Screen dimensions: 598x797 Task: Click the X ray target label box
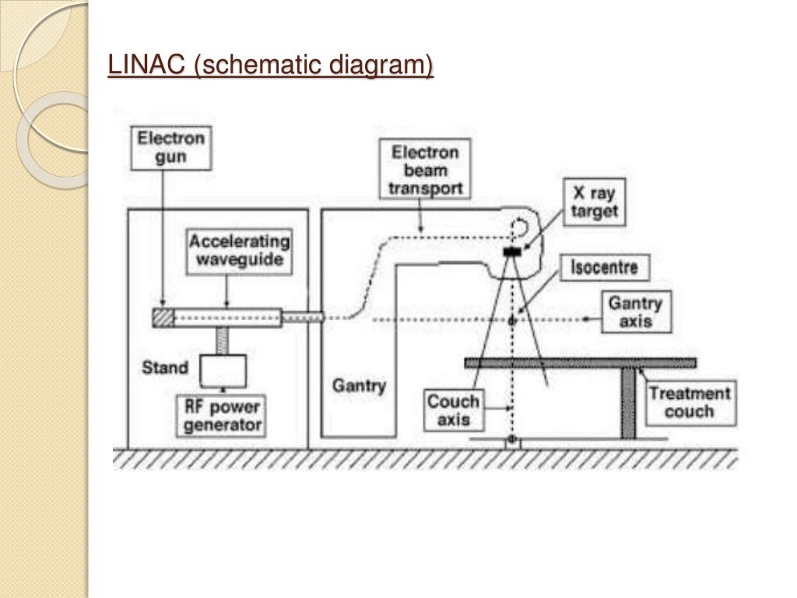595,201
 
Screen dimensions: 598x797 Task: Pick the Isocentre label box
604,269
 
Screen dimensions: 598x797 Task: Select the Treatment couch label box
690,402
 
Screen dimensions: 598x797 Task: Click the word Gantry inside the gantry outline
359,385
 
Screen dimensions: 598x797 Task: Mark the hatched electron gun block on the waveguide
163,318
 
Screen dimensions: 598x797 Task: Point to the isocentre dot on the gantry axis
512,320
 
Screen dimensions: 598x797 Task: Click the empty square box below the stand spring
223,370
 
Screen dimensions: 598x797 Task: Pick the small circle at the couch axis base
511,441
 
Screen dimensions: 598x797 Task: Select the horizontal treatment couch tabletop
580,363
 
